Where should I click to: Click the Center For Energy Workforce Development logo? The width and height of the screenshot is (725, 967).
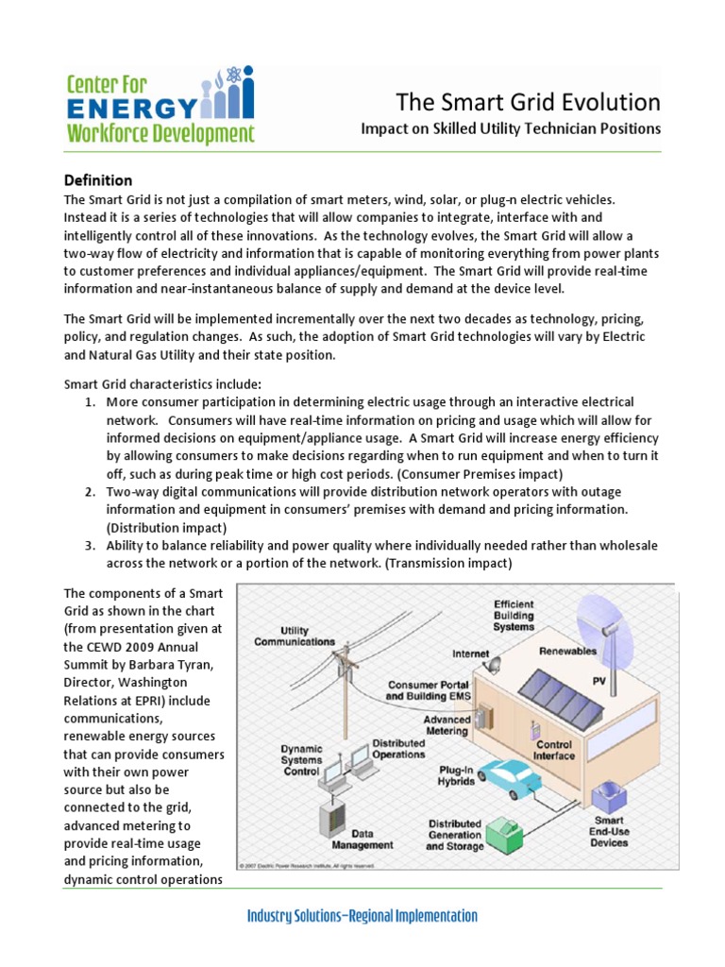click(159, 108)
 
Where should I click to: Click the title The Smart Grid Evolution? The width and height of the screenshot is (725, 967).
click(528, 102)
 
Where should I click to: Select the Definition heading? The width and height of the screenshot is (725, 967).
click(97, 179)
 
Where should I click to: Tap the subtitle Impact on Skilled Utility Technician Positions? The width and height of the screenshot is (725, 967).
click(511, 128)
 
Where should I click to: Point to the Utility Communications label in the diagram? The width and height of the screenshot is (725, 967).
click(294, 636)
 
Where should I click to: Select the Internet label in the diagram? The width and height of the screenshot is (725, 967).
click(471, 653)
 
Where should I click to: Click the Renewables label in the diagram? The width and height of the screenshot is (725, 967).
click(568, 651)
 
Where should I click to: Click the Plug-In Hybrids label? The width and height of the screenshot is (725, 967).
click(455, 774)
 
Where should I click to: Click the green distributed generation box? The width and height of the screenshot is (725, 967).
click(510, 829)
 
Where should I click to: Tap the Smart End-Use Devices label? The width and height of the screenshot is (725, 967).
click(609, 832)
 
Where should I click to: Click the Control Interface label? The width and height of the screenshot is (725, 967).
click(553, 750)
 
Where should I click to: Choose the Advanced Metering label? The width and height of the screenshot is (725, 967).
click(446, 724)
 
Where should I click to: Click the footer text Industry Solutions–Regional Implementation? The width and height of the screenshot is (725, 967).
click(362, 916)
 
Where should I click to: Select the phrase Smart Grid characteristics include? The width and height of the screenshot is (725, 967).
click(161, 383)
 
